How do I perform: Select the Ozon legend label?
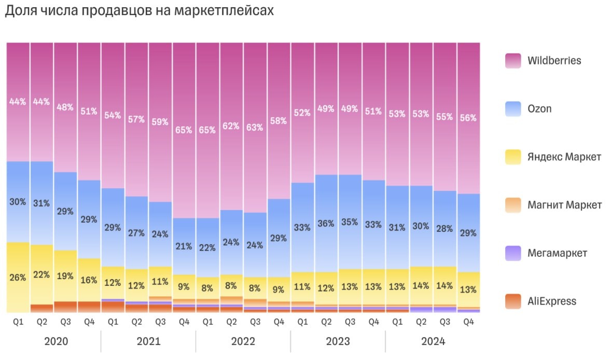pyautogui.click(x=539, y=109)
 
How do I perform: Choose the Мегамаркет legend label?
pyautogui.click(x=557, y=253)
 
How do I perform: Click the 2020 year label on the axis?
pyautogui.click(x=53, y=342)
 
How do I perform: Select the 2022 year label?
pyautogui.click(x=243, y=342)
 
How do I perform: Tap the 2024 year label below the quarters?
pyautogui.click(x=433, y=342)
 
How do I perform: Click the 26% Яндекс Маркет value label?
pyautogui.click(x=18, y=278)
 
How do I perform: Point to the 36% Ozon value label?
pyautogui.click(x=326, y=224)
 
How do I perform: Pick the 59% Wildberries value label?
pyautogui.click(x=160, y=122)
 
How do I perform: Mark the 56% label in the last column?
pyautogui.click(x=468, y=118)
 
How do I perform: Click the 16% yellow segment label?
pyautogui.click(x=89, y=280)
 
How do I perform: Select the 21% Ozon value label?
pyautogui.click(x=184, y=246)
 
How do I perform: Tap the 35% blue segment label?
pyautogui.click(x=350, y=222)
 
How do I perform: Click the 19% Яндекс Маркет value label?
pyautogui.click(x=65, y=276)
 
